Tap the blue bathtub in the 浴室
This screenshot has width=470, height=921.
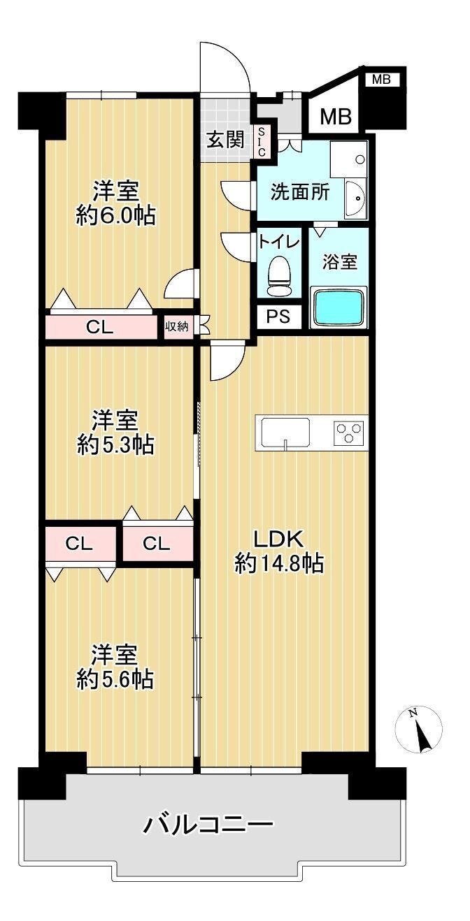pos(339,307)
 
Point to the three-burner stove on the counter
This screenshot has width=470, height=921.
pos(350,433)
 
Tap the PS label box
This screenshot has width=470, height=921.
pos(278,317)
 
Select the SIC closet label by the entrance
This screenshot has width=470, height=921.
pos(262,142)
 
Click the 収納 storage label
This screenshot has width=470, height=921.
pos(177,327)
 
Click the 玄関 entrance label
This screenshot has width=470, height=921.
pos(225,140)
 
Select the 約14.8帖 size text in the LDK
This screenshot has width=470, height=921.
pos(280,564)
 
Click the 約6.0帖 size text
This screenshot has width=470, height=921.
pos(115,215)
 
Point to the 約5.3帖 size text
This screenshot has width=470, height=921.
pos(115,444)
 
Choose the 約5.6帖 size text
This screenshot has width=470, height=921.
pos(115,679)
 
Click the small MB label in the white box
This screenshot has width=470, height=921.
pos(381,80)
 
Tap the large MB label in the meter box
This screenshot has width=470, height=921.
pos(336,117)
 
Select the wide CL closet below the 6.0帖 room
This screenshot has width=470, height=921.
pos(101,327)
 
